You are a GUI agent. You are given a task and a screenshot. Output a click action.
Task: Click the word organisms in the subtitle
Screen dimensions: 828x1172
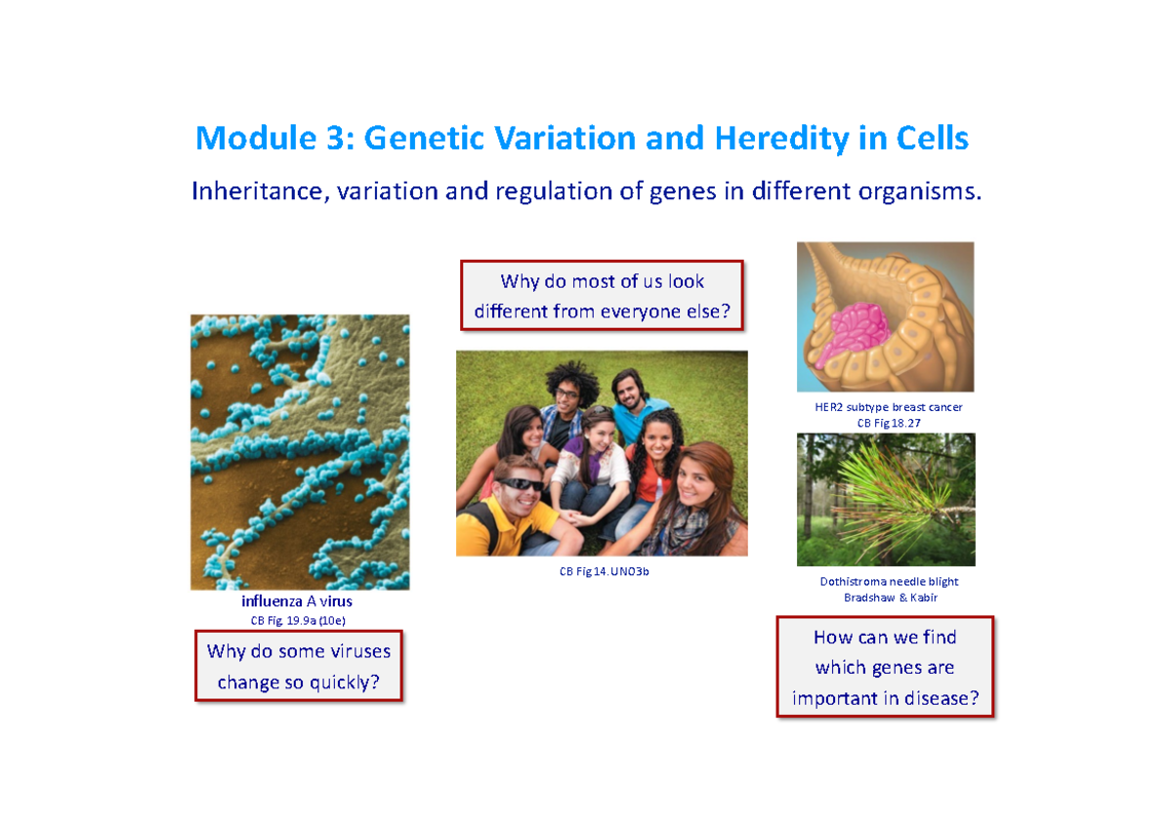917,190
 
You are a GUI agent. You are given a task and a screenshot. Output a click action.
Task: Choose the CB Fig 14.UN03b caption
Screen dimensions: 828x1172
604,571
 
